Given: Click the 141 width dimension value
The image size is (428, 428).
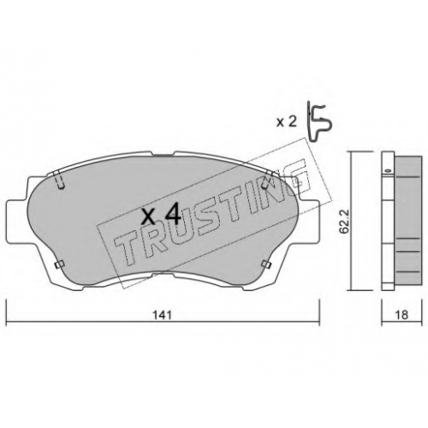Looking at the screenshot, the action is click(x=162, y=315).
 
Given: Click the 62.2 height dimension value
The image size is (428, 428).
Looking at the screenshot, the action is click(x=342, y=223).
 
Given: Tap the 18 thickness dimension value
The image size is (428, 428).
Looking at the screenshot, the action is click(x=402, y=315).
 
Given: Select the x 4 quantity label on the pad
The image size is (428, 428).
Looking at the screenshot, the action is click(x=161, y=215).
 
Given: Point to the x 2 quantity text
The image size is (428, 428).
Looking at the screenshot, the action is click(x=288, y=122).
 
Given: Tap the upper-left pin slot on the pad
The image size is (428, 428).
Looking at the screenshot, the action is click(x=59, y=180).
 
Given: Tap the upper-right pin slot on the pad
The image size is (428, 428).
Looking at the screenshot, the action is click(x=267, y=180).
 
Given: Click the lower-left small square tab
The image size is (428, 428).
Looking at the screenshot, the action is click(x=59, y=265).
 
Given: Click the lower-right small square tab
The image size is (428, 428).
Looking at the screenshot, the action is click(x=266, y=265).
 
